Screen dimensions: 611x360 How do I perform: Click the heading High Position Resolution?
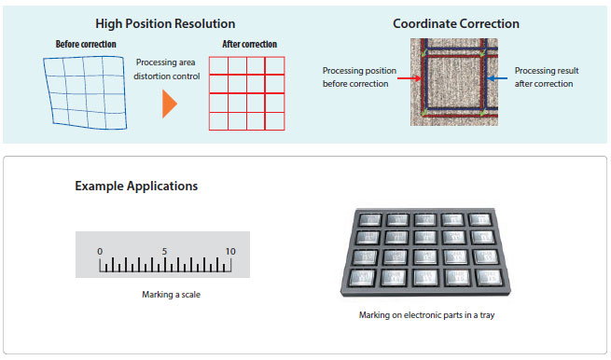coord(165,23)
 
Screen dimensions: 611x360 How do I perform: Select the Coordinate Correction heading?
coord(456,23)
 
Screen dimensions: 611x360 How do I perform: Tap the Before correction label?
coord(86,44)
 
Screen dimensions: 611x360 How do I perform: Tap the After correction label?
coord(249,44)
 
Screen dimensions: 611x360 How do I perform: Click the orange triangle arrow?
coord(170,104)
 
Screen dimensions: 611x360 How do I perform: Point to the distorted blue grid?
coord(85,92)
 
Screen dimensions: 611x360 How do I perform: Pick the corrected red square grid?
coord(246,93)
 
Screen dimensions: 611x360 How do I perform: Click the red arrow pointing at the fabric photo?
coord(410,78)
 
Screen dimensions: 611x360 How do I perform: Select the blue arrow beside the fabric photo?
coord(497,78)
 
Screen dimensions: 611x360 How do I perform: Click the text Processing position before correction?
coord(359,77)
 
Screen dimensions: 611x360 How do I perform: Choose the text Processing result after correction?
coord(547,77)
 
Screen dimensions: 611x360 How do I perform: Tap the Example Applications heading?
coord(136,187)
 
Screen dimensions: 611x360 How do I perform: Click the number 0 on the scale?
coord(100,252)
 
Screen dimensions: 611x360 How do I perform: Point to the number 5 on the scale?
coord(164,252)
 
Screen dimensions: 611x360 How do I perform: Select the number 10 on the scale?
coord(230,252)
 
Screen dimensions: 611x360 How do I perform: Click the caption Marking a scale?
coord(171,295)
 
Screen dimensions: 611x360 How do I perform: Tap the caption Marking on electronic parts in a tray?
coord(426,315)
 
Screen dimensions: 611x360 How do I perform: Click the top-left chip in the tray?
coord(369,220)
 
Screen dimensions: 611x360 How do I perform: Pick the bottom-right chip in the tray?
coord(489,277)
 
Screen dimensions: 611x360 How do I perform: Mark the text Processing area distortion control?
coord(166,69)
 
